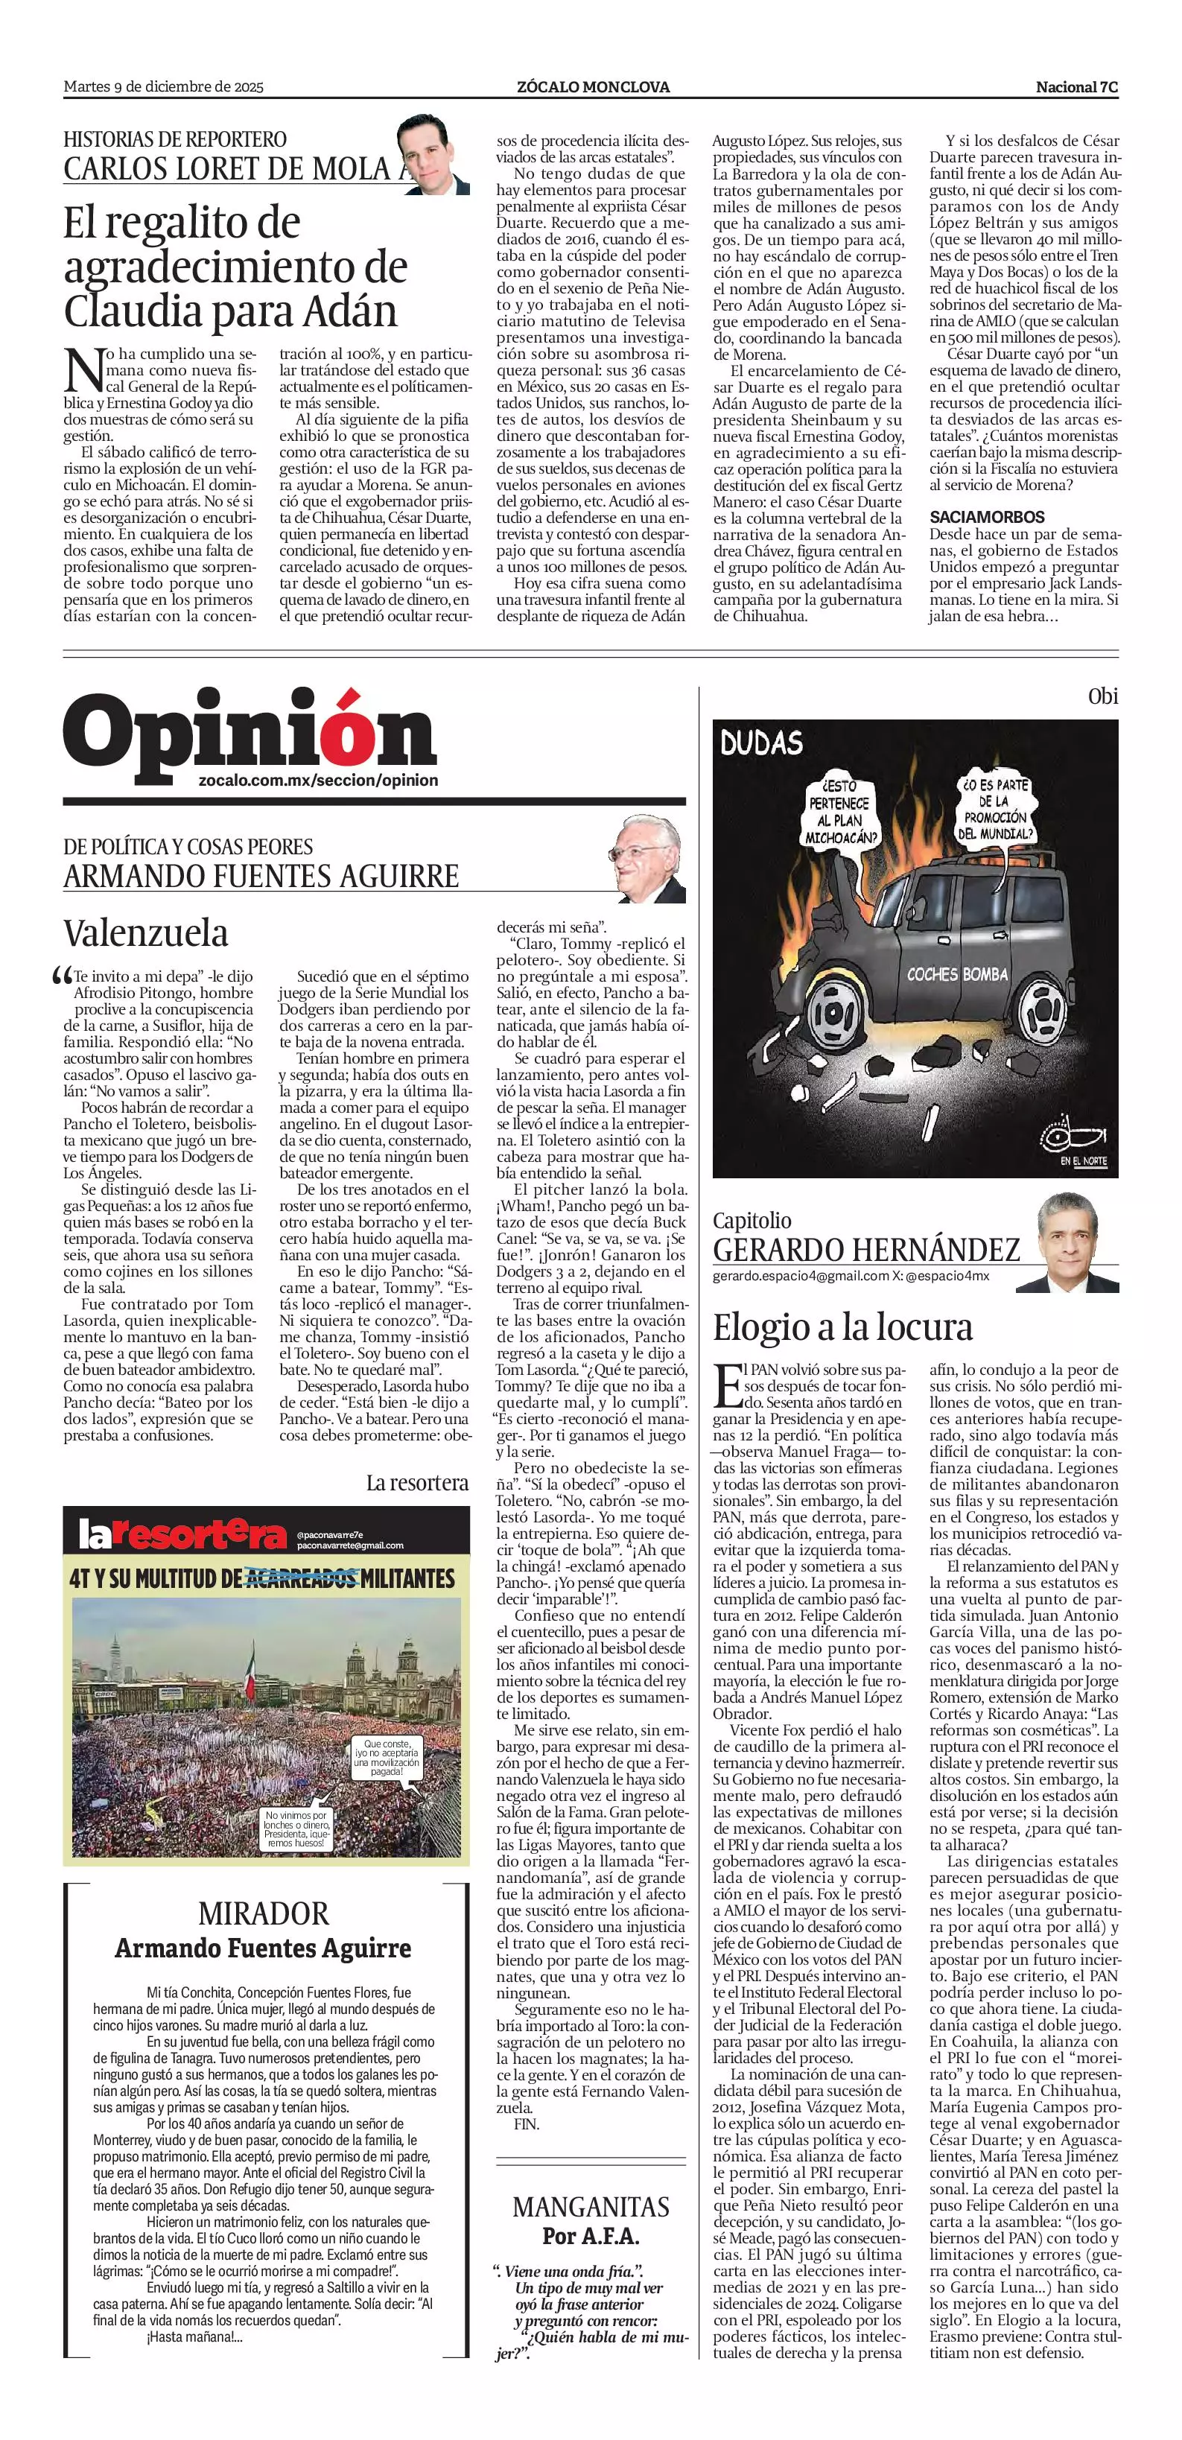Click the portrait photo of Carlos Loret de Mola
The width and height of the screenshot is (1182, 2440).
click(x=432, y=154)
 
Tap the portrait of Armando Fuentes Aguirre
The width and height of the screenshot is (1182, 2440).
click(x=649, y=859)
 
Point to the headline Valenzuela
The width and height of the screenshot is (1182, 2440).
click(x=146, y=933)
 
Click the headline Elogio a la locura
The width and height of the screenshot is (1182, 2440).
click(x=842, y=1327)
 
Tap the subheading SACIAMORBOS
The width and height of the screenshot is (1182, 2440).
click(x=987, y=517)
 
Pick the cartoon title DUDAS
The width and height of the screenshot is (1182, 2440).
click(x=760, y=743)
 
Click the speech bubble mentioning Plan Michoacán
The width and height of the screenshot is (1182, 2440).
click(x=840, y=812)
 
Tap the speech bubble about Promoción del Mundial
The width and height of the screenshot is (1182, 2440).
click(x=994, y=809)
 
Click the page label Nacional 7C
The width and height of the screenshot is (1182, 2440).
click(x=1076, y=87)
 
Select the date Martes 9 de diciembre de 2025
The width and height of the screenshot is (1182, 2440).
click(x=163, y=87)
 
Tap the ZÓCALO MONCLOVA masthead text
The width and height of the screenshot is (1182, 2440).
click(x=593, y=87)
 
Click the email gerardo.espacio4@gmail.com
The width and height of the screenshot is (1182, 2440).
click(x=801, y=1276)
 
